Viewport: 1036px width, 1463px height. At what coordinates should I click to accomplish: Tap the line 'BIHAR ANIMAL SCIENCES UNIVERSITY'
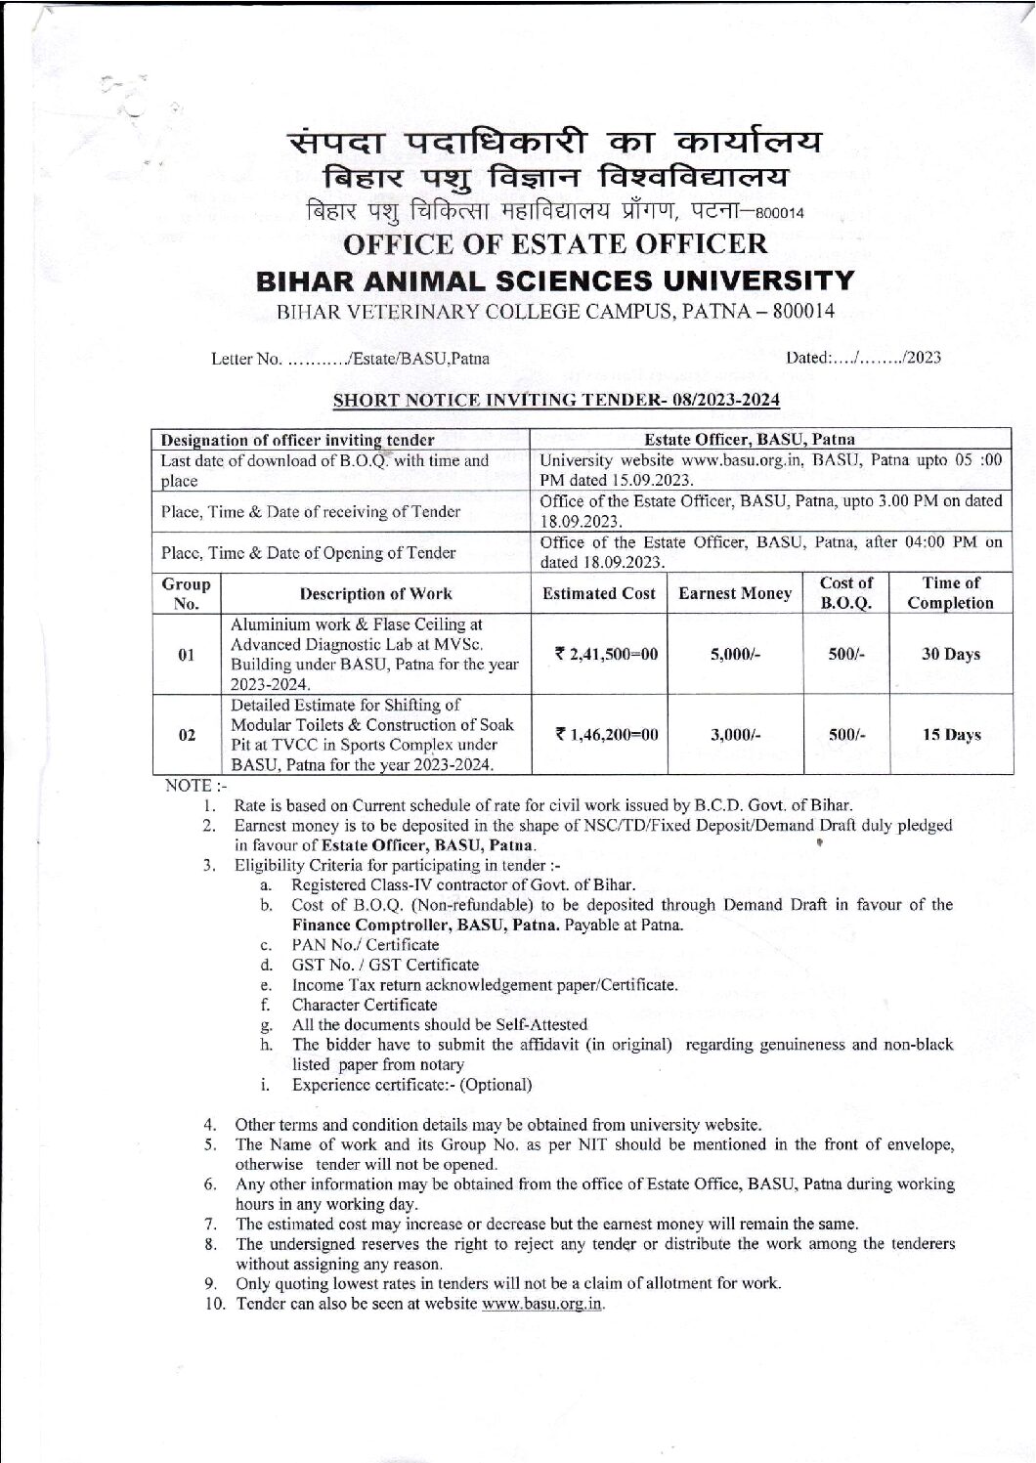[x=554, y=281]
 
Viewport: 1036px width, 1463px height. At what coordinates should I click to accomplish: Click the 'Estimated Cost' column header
[x=598, y=593]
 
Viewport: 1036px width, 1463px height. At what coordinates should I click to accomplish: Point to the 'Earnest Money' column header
[x=734, y=593]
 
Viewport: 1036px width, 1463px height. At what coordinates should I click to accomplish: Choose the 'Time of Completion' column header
[x=950, y=593]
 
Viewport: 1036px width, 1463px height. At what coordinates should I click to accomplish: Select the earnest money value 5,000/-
[x=734, y=654]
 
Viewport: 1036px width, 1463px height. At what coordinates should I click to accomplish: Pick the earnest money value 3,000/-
[x=734, y=734]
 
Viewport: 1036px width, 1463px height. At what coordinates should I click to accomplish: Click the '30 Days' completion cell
[x=950, y=654]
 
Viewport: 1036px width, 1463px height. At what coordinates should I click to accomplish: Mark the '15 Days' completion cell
[x=950, y=734]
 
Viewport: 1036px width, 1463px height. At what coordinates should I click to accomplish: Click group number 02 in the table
[x=186, y=734]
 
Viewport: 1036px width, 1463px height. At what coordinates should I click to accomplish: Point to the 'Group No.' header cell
[x=186, y=593]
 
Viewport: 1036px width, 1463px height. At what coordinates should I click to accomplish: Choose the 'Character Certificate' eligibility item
[x=365, y=1005]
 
